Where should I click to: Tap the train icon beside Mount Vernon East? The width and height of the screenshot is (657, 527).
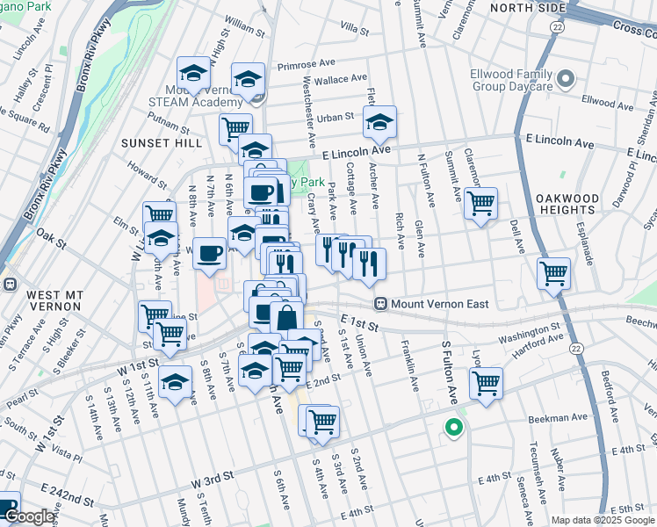click(x=381, y=305)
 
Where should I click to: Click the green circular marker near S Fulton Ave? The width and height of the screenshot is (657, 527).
click(x=453, y=429)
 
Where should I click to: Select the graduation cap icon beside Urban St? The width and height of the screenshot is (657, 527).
click(x=379, y=122)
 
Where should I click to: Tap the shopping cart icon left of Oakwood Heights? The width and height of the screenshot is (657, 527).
click(x=480, y=203)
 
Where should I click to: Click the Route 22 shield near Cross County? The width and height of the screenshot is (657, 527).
click(x=558, y=28)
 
